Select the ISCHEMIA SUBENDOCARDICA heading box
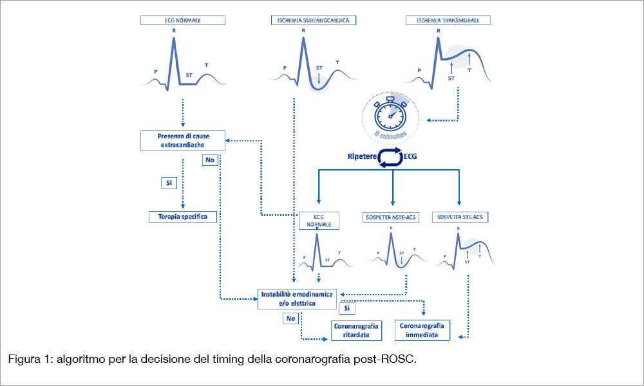pyautogui.click(x=314, y=21)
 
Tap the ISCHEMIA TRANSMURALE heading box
pyautogui.click(x=448, y=21)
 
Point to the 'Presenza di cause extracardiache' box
pyautogui.click(x=184, y=140)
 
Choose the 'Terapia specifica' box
pyautogui.click(x=182, y=217)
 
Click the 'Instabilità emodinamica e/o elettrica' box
pyautogui.click(x=297, y=299)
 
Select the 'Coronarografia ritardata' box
pyautogui.click(x=356, y=331)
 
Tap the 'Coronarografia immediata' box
pyautogui.click(x=422, y=331)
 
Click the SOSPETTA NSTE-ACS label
pyautogui.click(x=391, y=217)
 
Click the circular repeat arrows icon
pyautogui.click(x=388, y=158)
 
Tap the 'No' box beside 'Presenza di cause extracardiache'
pyautogui.click(x=210, y=160)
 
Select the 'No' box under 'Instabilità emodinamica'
pyautogui.click(x=290, y=318)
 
